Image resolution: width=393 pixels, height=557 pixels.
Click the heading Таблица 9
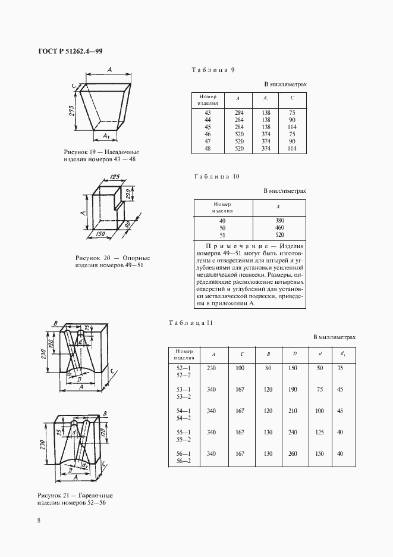(x=213, y=70)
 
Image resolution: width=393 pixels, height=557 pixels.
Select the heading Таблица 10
(x=216, y=177)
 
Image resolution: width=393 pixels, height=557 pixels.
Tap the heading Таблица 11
(x=191, y=323)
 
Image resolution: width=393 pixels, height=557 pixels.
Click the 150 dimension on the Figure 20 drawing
(x=101, y=234)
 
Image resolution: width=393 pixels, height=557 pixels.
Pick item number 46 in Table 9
(x=207, y=134)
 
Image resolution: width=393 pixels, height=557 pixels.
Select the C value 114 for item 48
(x=292, y=148)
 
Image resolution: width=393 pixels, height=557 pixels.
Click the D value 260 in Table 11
(x=294, y=454)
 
